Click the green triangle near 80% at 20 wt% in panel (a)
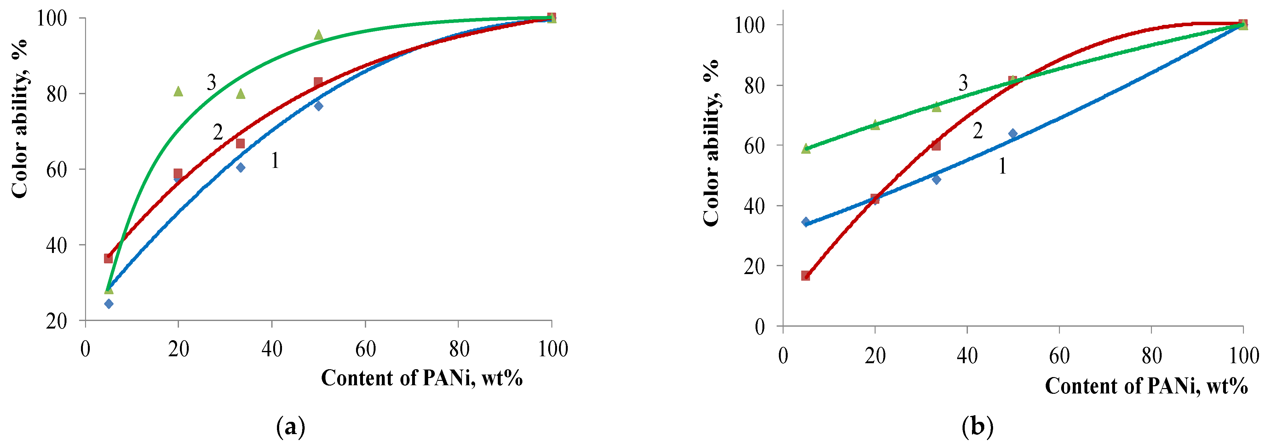click(x=178, y=91)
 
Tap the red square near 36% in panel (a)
click(x=108, y=258)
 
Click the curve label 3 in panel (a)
click(x=211, y=83)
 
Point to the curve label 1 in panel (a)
click(x=275, y=161)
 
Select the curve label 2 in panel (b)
click(x=978, y=131)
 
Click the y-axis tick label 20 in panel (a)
click(x=56, y=321)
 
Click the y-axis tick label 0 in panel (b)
click(x=760, y=327)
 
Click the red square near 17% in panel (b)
click(x=806, y=276)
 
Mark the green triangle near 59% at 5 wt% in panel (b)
click(x=806, y=148)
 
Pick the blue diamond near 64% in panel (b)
click(x=1013, y=134)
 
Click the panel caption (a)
click(x=291, y=427)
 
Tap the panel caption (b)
click(x=977, y=427)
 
